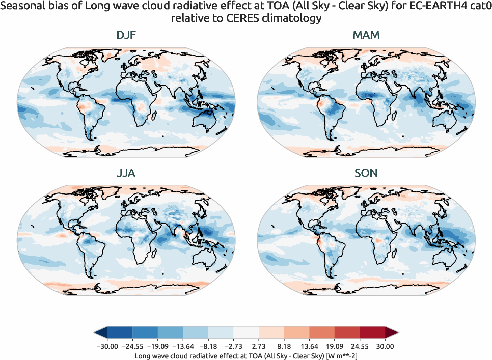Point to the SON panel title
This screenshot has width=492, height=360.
click(x=366, y=173)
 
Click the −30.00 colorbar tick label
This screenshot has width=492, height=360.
click(x=107, y=347)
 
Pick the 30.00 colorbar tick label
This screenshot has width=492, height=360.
click(x=386, y=347)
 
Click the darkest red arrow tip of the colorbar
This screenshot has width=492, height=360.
click(x=392, y=333)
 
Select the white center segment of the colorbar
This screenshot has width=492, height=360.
click(x=246, y=333)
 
